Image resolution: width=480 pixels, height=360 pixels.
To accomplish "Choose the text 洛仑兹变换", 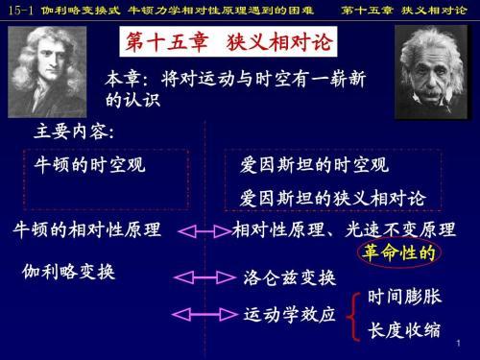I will click(x=289, y=278).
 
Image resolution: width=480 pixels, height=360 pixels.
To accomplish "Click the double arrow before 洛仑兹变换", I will click(x=200, y=278).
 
